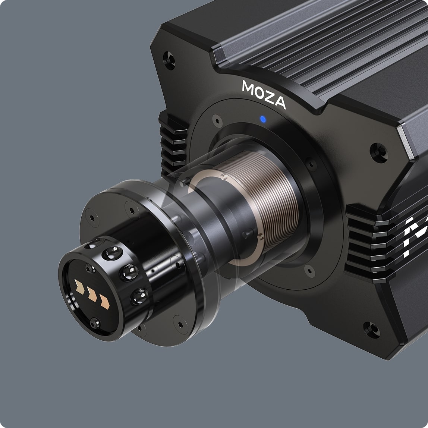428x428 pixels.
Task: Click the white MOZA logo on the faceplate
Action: [x=264, y=94]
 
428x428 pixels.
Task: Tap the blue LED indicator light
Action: [x=263, y=119]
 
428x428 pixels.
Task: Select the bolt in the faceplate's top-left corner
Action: [x=169, y=60]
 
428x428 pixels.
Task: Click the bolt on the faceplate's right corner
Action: [x=379, y=152]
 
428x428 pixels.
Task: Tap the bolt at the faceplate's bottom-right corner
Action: [x=372, y=330]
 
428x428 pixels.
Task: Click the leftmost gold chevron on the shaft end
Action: [x=79, y=286]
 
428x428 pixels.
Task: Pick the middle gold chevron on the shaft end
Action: [x=92, y=295]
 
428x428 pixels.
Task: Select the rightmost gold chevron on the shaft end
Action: [x=104, y=302]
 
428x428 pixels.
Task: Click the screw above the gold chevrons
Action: [x=90, y=268]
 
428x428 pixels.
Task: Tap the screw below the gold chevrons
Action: [x=95, y=322]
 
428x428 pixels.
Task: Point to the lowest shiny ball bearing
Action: [x=139, y=296]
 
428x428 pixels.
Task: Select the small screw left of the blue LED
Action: [x=217, y=120]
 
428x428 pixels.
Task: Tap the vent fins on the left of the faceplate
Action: [x=173, y=145]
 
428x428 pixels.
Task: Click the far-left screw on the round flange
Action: [x=91, y=217]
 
